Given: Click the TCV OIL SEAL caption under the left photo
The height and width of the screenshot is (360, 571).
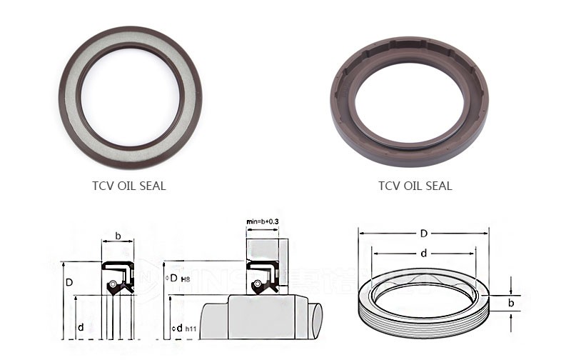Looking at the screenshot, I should [x=129, y=186].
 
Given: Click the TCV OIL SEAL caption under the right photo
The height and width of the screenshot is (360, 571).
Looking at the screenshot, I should [x=415, y=186].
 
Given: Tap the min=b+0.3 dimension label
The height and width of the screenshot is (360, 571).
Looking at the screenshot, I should [x=263, y=223].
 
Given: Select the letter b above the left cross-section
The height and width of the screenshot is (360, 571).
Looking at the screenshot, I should [x=118, y=235].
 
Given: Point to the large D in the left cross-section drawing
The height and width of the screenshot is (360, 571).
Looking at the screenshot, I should [x=69, y=283].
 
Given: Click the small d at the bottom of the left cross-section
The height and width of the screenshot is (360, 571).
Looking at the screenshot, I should [x=81, y=326].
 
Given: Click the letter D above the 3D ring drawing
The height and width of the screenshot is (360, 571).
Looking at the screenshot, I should [x=423, y=234].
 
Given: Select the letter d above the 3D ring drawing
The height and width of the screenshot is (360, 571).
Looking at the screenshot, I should [x=423, y=252].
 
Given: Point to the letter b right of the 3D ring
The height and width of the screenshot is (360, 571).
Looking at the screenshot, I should [x=511, y=303].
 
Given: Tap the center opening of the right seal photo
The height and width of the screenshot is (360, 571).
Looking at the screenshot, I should [x=408, y=99].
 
